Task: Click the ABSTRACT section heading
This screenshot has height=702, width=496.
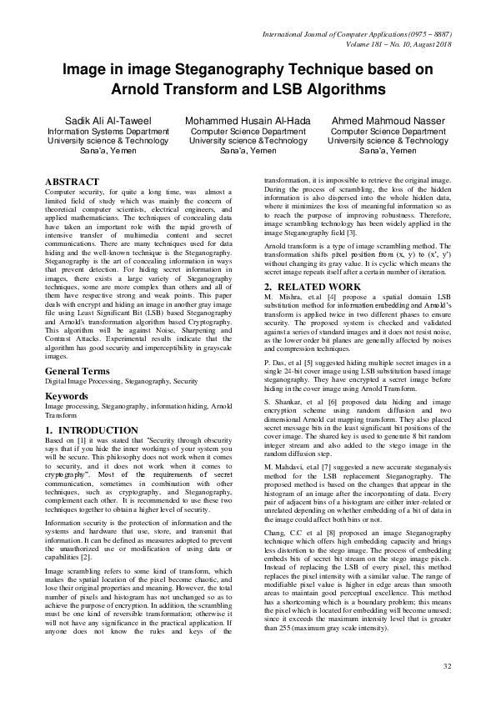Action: pos(73,179)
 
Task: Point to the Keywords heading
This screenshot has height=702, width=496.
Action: pos(67,396)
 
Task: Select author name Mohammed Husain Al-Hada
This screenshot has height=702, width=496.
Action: pos(248,120)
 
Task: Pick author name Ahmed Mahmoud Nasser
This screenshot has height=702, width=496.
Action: pos(388,120)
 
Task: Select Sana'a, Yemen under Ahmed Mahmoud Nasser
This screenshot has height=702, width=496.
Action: pos(388,151)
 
